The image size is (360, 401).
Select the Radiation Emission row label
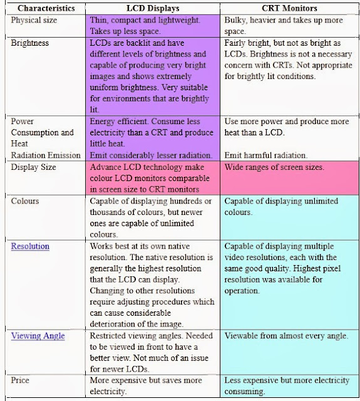[x=46, y=155]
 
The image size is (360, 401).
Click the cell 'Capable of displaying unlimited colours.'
[x=281, y=207]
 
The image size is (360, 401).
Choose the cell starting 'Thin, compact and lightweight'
[x=154, y=25]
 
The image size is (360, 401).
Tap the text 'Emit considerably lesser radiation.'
[x=154, y=155]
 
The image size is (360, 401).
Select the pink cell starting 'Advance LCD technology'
[x=154, y=178]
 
